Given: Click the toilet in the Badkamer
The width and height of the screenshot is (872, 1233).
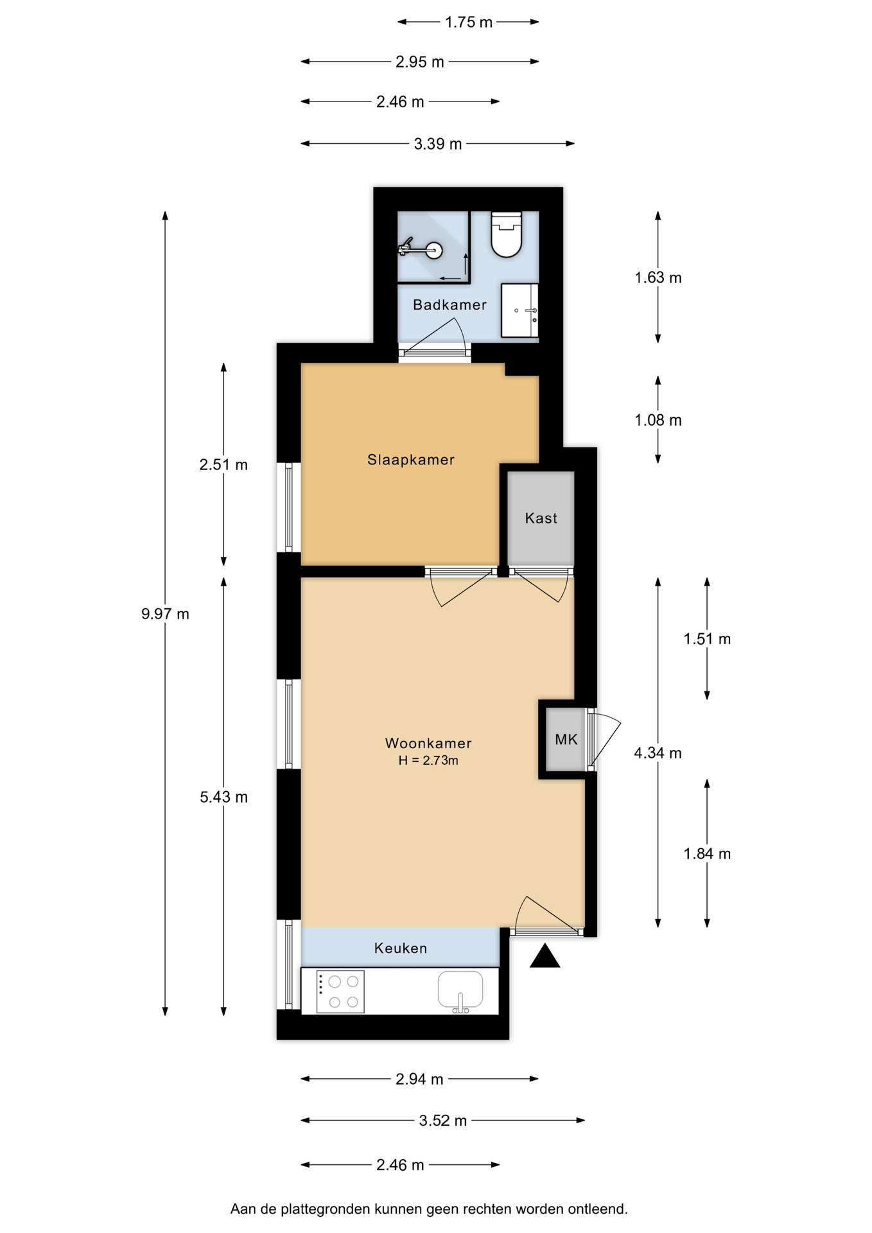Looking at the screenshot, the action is pyautogui.click(x=506, y=234).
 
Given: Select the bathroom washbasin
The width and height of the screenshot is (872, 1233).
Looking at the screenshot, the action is pyautogui.click(x=519, y=310).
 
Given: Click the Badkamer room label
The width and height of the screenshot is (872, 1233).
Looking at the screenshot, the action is pyautogui.click(x=449, y=305).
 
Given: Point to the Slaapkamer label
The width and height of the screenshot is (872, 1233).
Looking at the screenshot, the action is pyautogui.click(x=411, y=460).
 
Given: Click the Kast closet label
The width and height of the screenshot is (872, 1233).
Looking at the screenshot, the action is pyautogui.click(x=541, y=518).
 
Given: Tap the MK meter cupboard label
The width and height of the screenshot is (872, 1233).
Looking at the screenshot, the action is pyautogui.click(x=566, y=740).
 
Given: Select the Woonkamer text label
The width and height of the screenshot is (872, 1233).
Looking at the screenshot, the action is pyautogui.click(x=428, y=743).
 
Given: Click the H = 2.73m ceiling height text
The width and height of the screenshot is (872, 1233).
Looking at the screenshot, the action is pyautogui.click(x=428, y=761).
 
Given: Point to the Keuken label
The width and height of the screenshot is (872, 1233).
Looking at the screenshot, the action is pyautogui.click(x=401, y=948).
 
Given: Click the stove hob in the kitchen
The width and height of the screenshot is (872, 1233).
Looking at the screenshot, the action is pyautogui.click(x=340, y=992).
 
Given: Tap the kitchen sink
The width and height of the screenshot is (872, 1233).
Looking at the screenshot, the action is pyautogui.click(x=460, y=992).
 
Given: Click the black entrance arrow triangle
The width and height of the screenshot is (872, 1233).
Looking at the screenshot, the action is pyautogui.click(x=545, y=956).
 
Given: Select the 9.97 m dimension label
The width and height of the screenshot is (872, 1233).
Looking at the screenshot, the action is pyautogui.click(x=165, y=614).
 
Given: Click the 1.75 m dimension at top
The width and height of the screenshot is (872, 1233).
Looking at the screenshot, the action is pyautogui.click(x=469, y=22).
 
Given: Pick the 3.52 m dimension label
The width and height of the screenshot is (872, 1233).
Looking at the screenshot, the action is pyautogui.click(x=443, y=1121).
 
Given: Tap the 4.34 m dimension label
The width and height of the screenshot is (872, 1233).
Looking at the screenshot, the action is pyautogui.click(x=658, y=753).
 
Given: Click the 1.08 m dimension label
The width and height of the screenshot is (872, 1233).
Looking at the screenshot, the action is pyautogui.click(x=658, y=420).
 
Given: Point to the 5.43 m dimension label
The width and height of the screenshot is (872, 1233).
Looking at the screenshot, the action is pyautogui.click(x=223, y=797).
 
